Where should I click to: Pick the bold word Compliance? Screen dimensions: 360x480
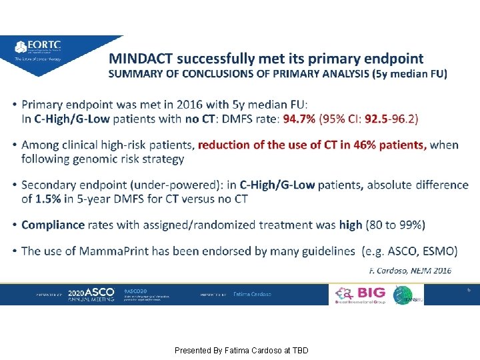tap(53, 225)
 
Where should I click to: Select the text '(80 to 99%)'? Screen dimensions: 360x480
tap(395, 225)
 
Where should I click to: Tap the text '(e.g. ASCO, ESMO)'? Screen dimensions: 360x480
tap(409, 251)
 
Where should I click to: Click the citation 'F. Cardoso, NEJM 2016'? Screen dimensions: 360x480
tap(410, 270)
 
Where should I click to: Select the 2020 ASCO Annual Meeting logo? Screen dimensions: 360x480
tap(91, 294)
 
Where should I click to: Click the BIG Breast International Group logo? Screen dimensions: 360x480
tap(361, 295)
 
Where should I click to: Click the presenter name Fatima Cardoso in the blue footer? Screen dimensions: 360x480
tap(252, 294)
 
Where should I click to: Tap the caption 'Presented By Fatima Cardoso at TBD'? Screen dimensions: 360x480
tap(241, 350)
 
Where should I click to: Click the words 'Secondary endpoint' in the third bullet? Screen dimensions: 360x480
tap(71, 185)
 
